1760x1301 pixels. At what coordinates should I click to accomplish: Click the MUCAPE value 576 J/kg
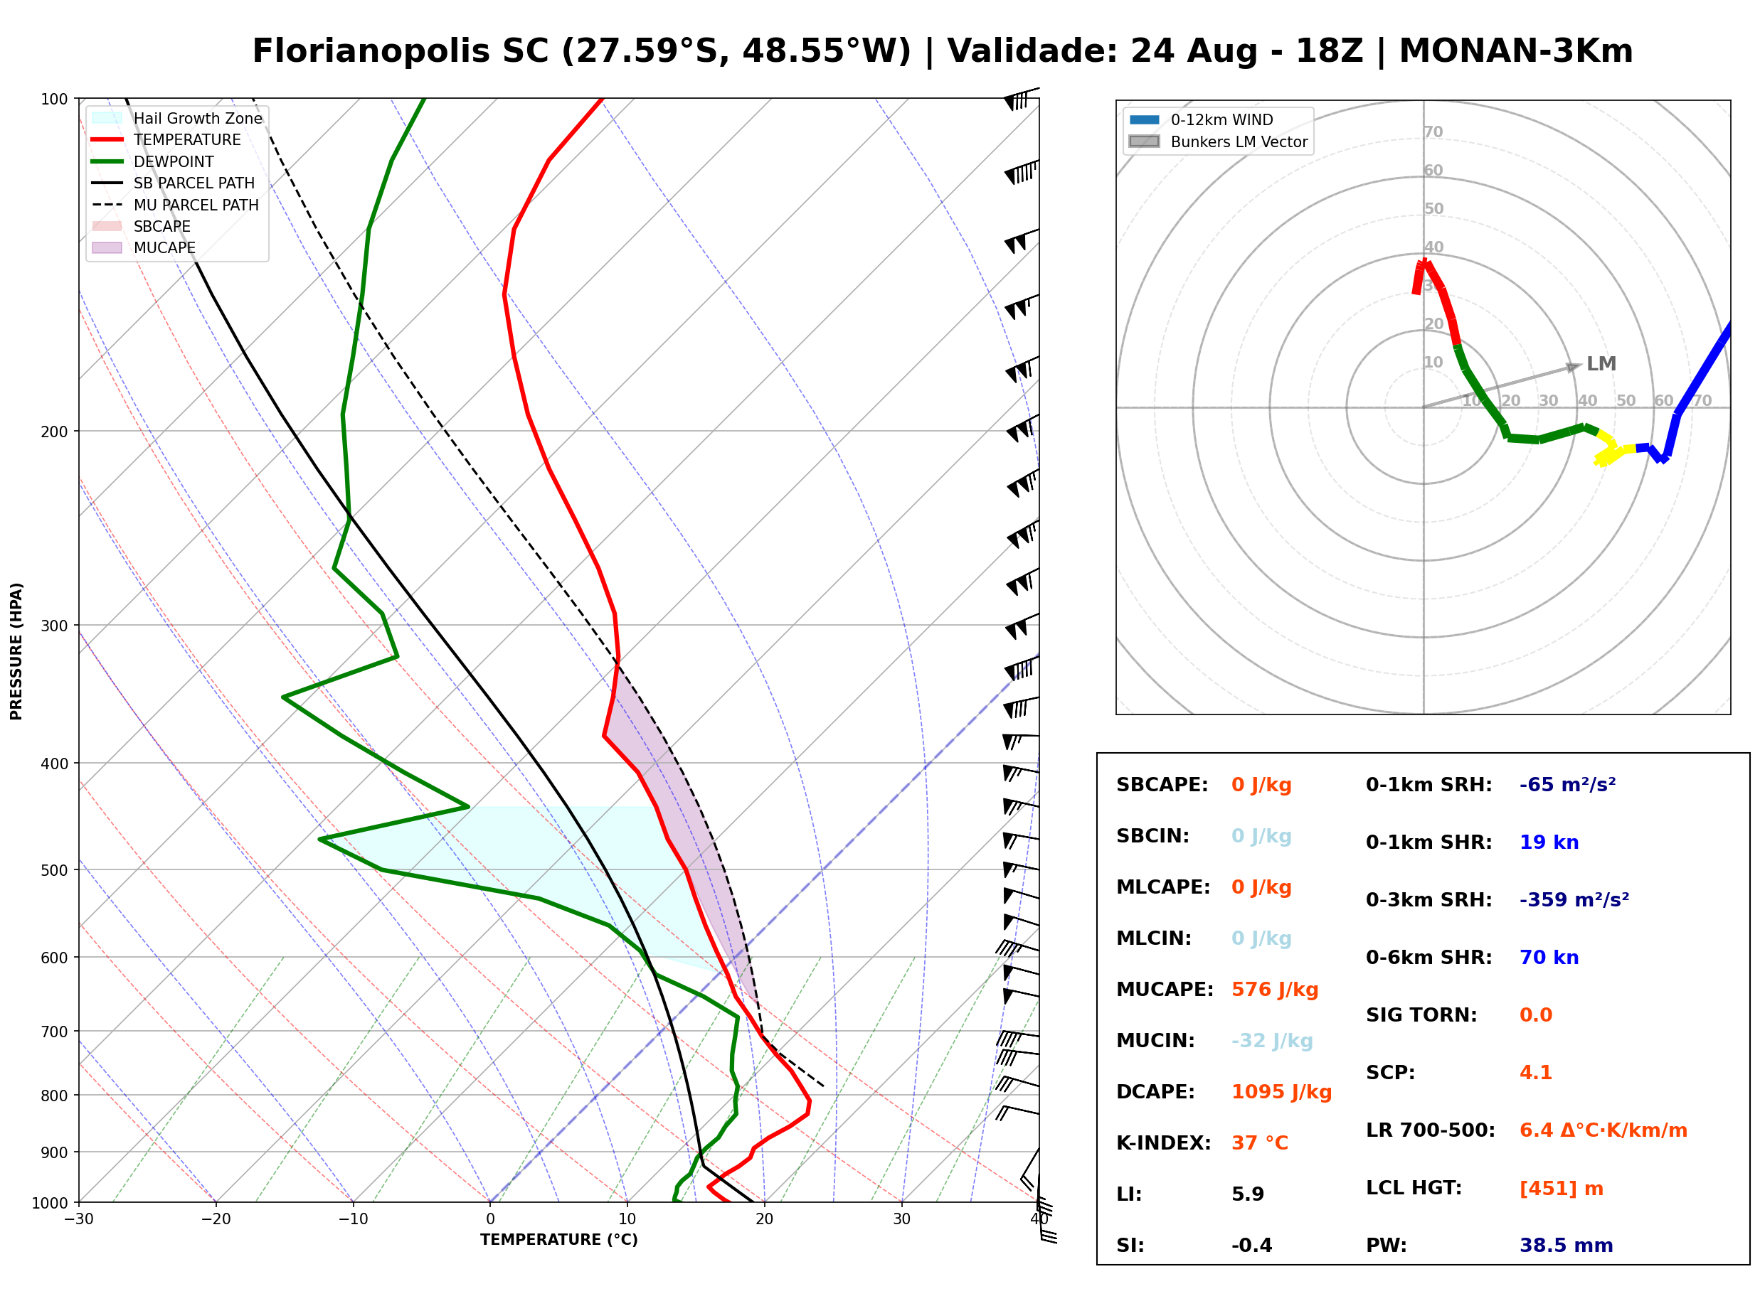pos(1274,989)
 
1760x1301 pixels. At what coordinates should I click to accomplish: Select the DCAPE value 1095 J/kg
pos(1281,1091)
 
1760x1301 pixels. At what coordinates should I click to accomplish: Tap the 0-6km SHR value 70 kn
pos(1548,957)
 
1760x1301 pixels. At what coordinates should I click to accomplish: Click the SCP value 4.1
pos(1534,1072)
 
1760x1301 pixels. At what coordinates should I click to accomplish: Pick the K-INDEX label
pos(1163,1142)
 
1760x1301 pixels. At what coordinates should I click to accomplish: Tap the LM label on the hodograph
pos(1601,364)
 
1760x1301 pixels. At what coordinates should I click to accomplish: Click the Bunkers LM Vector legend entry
pos(1217,141)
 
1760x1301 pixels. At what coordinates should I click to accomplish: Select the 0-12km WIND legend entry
pos(1201,119)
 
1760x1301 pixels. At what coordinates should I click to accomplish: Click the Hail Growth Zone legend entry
pos(177,118)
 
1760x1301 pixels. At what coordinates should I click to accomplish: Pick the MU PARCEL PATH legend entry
pos(175,205)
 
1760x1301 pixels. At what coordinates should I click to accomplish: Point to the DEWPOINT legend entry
pos(153,161)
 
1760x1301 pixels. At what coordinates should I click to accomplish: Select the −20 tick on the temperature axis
pos(215,1219)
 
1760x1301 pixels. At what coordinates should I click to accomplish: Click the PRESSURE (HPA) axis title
pos(16,650)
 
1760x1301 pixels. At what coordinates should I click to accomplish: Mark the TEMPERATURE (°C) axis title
pos(558,1240)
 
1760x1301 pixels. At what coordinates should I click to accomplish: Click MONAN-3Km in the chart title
pos(1516,50)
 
